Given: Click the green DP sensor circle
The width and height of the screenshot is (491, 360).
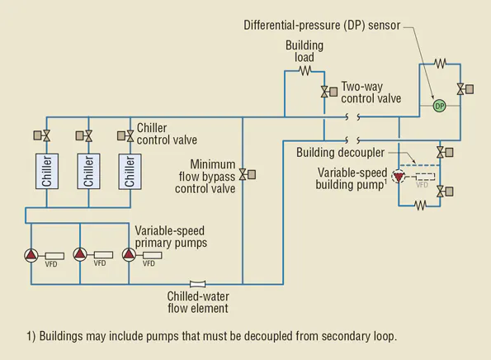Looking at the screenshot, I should pos(439,106).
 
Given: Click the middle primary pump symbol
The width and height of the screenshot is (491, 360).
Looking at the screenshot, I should pos(80,254).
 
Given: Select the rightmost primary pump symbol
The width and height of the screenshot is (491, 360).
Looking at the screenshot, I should pos(129,254).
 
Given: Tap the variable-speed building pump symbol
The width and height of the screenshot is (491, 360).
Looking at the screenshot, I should pos(400,177).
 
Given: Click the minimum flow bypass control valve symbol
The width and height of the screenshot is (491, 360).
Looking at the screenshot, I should pos(243,175).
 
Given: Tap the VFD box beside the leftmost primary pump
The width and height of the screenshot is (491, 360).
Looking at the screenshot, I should pos(54,254).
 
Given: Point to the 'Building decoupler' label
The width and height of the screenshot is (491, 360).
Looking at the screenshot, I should pos(339,152).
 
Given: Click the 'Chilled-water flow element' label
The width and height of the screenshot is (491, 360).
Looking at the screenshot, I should pos(198,302).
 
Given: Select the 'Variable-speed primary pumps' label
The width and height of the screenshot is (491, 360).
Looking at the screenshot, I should pos(170,236).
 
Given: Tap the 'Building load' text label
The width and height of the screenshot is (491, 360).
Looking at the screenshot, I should pos(305,50).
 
